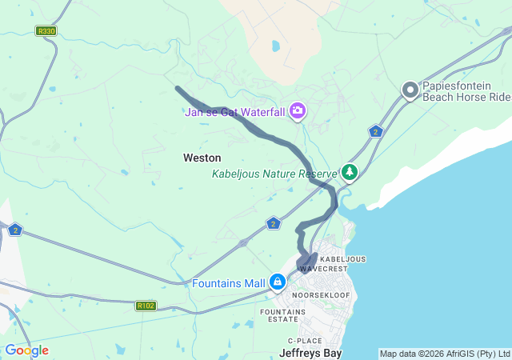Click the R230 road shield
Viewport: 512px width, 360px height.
pos(46,31)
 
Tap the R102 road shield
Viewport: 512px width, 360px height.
pos(146,305)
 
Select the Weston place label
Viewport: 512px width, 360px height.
pos(202,158)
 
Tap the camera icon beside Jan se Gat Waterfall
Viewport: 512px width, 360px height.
pos(298,110)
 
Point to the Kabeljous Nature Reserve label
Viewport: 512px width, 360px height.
pos(274,174)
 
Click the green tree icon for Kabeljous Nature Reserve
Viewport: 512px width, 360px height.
pos(350,172)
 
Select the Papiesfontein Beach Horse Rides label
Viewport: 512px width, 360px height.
pos(467,90)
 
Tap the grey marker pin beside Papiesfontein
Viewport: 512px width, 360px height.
pos(410,90)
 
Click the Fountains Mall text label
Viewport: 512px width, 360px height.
pos(229,283)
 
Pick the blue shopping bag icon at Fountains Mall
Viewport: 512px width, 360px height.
pos(278,282)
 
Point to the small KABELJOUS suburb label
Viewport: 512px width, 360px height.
pos(342,259)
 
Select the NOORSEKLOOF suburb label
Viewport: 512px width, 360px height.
pos(318,295)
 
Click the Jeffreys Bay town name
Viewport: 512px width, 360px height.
pos(310,352)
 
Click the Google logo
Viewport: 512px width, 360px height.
pos(26,350)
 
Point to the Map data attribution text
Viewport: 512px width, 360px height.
pos(444,354)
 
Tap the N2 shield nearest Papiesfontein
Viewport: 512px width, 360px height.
pos(375,131)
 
